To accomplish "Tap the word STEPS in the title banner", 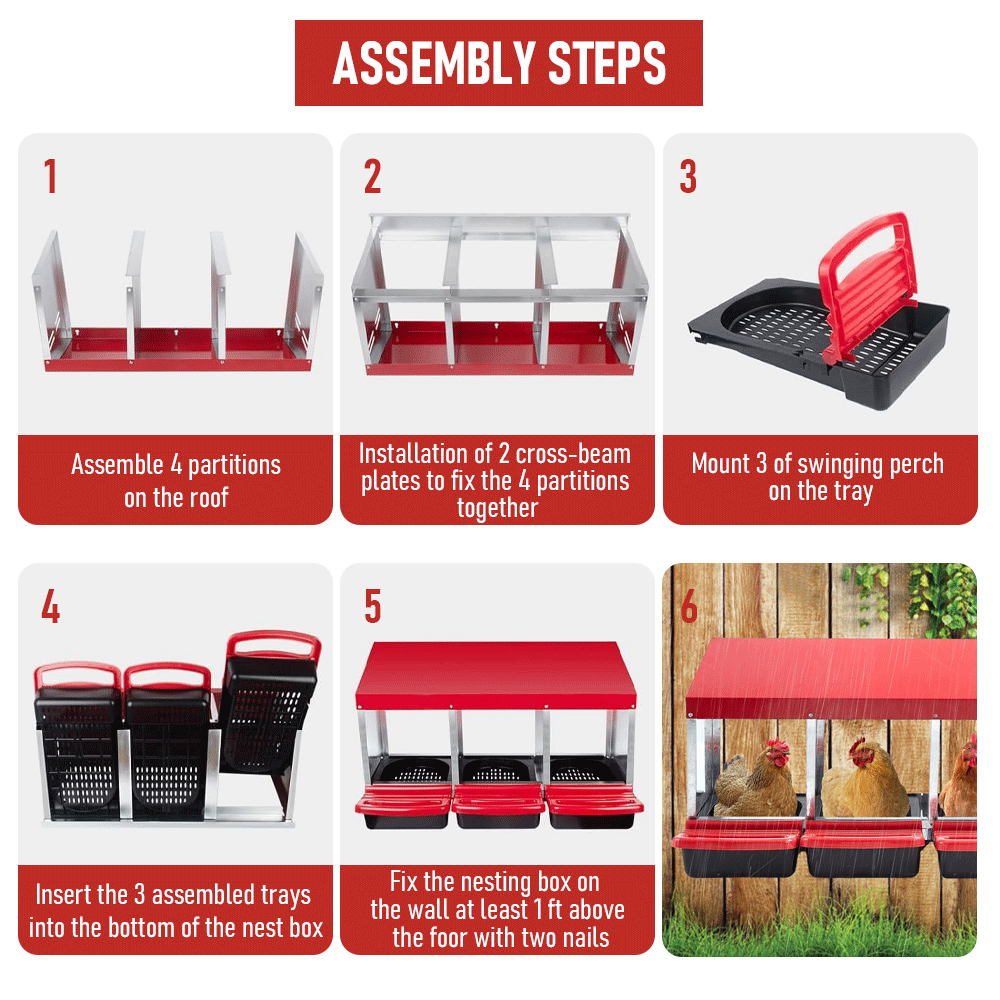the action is [607, 63].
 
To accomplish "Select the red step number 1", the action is [50, 176].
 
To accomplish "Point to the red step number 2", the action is [372, 176].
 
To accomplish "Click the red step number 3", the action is [688, 176].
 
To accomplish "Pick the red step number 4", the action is [50, 606].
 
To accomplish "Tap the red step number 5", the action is [372, 606].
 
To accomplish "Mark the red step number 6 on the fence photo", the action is [689, 606].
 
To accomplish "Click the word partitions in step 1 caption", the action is [234, 465].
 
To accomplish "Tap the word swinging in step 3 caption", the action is [842, 464].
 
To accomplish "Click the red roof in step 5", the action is [496, 675].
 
